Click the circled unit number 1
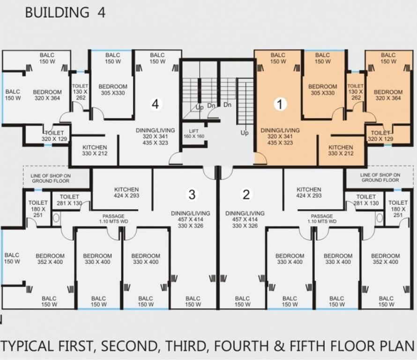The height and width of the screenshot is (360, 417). coord(280,104)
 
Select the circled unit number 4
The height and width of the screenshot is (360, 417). coord(156,104)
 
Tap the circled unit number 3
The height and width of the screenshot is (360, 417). coord(192,195)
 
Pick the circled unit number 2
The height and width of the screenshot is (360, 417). coord(246,195)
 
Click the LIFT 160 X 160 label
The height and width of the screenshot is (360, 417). coord(194,134)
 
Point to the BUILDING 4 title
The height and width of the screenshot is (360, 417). coord(66,13)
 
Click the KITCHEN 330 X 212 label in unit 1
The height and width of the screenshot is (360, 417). coord(341,150)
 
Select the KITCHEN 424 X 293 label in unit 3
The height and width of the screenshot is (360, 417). coord(127,193)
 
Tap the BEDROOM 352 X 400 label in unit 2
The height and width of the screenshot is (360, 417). coord(386,259)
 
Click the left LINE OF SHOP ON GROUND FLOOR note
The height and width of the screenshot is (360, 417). coord(51,178)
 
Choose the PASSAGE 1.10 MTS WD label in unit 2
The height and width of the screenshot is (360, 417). coord(322,219)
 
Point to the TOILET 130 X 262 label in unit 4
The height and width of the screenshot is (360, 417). coord(80,92)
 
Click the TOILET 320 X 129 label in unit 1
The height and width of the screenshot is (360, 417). coord(380,135)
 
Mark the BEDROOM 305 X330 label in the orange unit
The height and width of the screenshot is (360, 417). coord(323,90)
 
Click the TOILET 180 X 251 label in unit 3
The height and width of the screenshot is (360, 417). coord(38,209)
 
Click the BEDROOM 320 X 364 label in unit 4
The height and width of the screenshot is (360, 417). coord(47,95)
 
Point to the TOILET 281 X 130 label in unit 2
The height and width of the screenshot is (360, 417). coord(366,200)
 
